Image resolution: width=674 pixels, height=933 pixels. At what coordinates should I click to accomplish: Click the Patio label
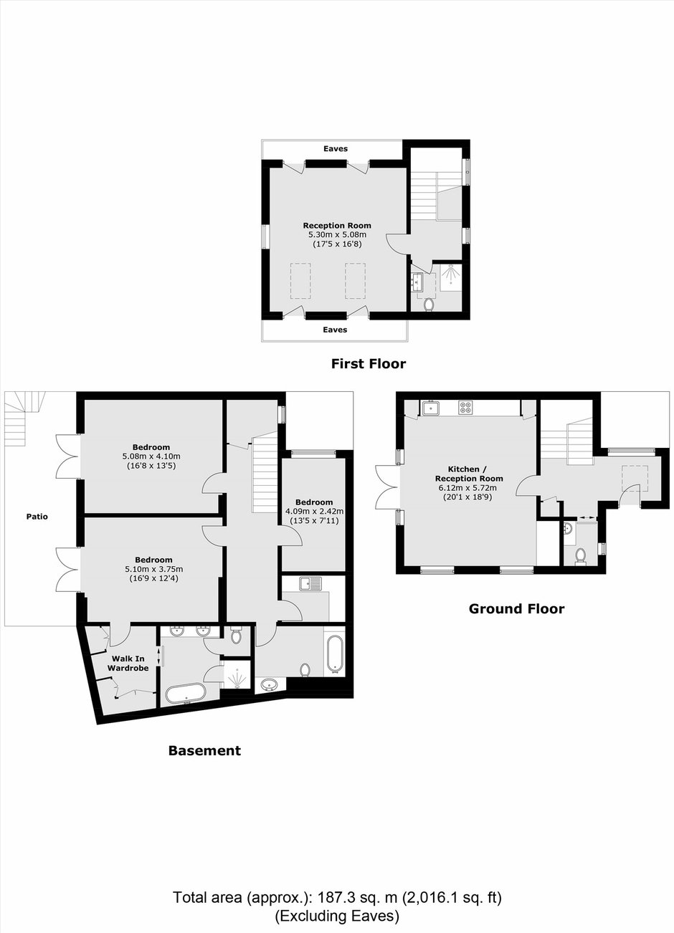tap(37, 517)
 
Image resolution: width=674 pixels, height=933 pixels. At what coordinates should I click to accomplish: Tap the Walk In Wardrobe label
tap(128, 663)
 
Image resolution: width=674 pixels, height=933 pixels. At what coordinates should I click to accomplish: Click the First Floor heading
tap(369, 363)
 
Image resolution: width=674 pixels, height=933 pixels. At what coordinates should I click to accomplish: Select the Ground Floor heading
tap(516, 608)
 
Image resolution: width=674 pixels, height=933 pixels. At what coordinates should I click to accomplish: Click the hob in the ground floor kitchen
tap(465, 407)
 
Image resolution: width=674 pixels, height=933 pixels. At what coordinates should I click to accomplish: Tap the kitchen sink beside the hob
tap(429, 408)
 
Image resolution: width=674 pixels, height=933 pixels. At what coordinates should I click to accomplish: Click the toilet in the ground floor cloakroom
tap(580, 556)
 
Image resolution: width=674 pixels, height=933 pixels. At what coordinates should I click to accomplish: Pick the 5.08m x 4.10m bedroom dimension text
tap(151, 456)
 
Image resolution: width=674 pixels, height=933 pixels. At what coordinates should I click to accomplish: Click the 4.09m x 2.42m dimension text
tap(314, 511)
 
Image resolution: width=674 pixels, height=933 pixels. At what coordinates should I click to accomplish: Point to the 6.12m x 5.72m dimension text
tap(469, 488)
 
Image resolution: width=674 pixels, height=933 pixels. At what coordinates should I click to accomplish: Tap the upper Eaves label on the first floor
tap(336, 148)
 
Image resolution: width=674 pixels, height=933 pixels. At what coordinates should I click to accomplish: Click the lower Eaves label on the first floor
tap(335, 330)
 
